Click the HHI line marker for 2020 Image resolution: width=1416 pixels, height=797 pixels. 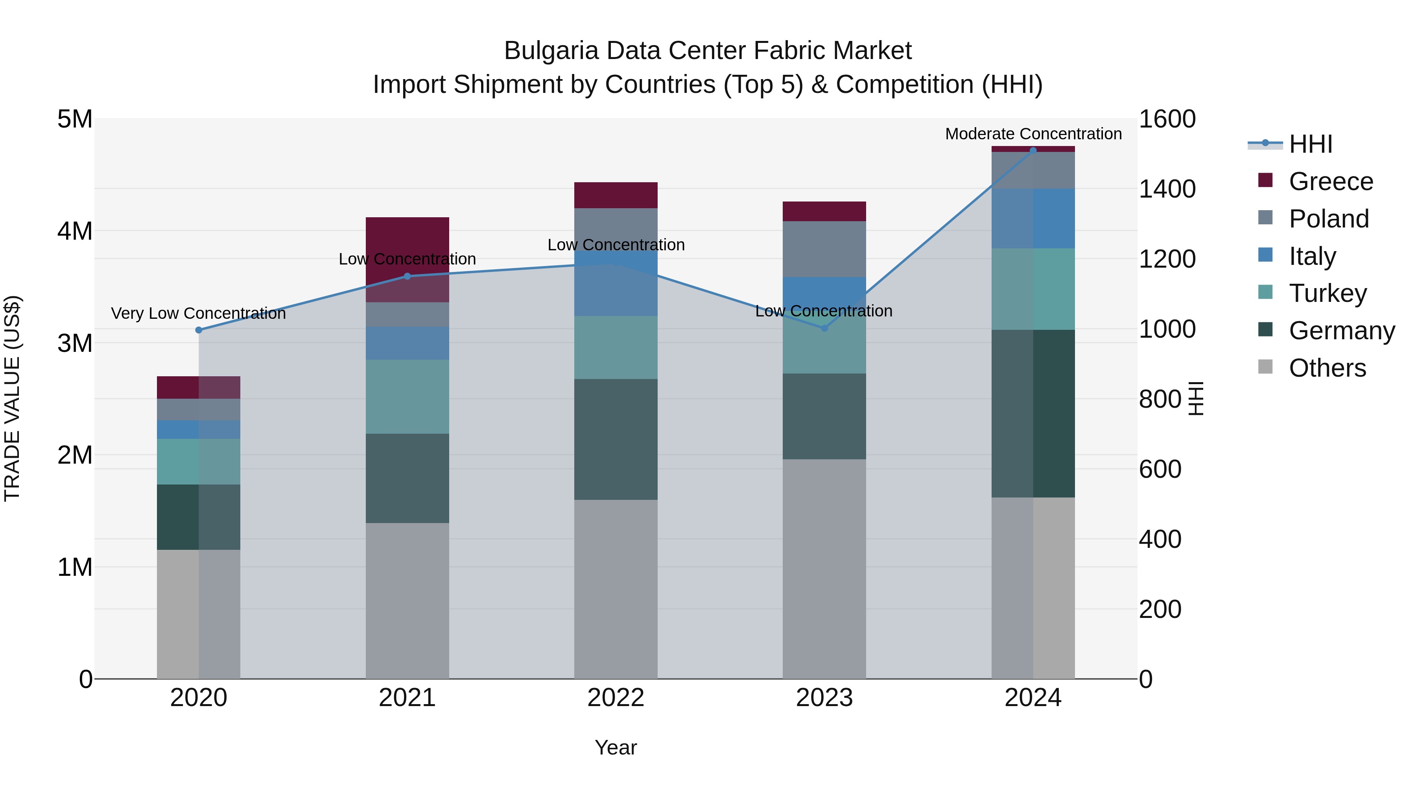click(x=199, y=330)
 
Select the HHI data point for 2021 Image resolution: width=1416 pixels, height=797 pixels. click(x=407, y=276)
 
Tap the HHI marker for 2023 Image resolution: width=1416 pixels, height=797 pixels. click(x=824, y=328)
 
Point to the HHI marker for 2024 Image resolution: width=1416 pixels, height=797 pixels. click(x=1033, y=151)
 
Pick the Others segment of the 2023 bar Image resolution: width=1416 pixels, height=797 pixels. click(x=824, y=569)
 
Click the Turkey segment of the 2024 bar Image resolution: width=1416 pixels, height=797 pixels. click(x=1033, y=289)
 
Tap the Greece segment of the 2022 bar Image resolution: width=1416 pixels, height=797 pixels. click(x=616, y=195)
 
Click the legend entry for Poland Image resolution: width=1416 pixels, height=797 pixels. click(x=1329, y=219)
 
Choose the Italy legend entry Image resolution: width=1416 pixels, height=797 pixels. click(x=1312, y=256)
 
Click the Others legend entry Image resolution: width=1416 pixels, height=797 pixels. click(x=1327, y=368)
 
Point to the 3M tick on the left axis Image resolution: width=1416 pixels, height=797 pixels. click(x=75, y=343)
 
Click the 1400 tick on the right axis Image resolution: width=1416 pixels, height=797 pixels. click(x=1167, y=189)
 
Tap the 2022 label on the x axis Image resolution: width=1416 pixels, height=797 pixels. click(x=616, y=698)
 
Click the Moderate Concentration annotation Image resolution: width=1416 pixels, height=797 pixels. click(x=1033, y=134)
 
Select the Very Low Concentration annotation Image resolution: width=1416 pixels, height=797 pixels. click(x=199, y=314)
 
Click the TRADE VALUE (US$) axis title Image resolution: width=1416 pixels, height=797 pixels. click(x=12, y=398)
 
